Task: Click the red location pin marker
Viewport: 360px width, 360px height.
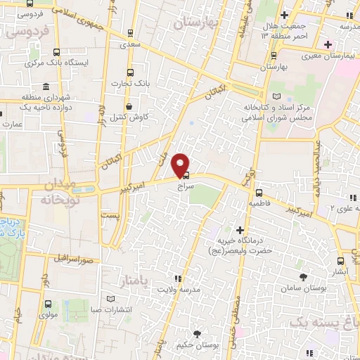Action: [181, 165]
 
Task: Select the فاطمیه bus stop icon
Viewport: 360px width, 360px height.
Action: [259, 193]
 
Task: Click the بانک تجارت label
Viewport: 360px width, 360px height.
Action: [127, 84]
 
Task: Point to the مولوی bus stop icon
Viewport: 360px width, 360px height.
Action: [48, 304]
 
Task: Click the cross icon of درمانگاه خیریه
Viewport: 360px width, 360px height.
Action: [240, 230]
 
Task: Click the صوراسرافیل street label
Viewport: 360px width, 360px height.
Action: [74, 257]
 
